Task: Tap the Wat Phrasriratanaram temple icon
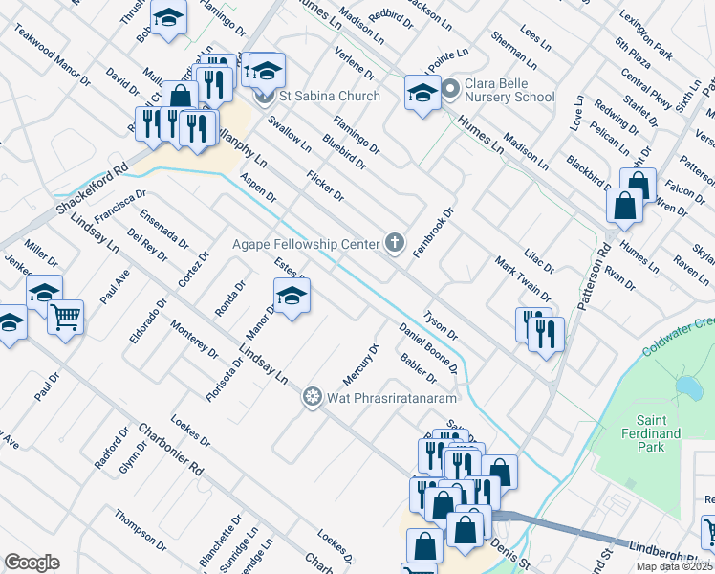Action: point(312,397)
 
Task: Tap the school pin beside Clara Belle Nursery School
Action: point(422,92)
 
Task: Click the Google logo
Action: point(32,563)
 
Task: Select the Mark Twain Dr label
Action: point(522,278)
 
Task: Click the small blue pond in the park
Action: point(686,387)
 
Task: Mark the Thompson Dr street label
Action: point(141,530)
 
